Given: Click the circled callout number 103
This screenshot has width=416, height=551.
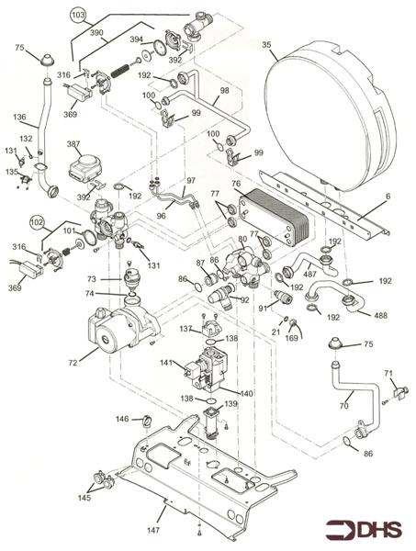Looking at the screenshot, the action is (x=78, y=15).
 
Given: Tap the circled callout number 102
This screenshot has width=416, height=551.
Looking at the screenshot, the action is (x=38, y=223).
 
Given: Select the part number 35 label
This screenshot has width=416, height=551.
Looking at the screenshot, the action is (x=266, y=45).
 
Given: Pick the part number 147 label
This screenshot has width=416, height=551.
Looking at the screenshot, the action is (x=153, y=530).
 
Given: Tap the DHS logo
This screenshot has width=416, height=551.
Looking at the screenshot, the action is (x=364, y=530).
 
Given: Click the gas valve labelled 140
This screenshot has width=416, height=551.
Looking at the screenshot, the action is (x=208, y=369).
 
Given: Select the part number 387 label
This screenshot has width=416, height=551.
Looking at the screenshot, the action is (x=73, y=144).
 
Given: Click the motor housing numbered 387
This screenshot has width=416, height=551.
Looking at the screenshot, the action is (x=85, y=168).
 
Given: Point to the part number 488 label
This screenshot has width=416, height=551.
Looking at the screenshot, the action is (x=380, y=315).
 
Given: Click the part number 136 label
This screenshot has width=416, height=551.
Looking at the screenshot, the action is (x=19, y=117).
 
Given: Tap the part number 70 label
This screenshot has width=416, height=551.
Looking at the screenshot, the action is (x=344, y=406).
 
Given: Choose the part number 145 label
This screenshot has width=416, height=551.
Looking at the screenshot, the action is (x=84, y=498).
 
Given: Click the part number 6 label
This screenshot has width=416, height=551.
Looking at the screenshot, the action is (x=388, y=197).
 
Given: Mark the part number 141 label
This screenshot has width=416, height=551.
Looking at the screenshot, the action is (x=166, y=363).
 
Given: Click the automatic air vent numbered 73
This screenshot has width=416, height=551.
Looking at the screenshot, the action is (x=131, y=278).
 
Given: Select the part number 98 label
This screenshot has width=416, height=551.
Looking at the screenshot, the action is (x=224, y=90).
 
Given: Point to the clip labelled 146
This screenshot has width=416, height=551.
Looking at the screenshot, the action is (x=147, y=420).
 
